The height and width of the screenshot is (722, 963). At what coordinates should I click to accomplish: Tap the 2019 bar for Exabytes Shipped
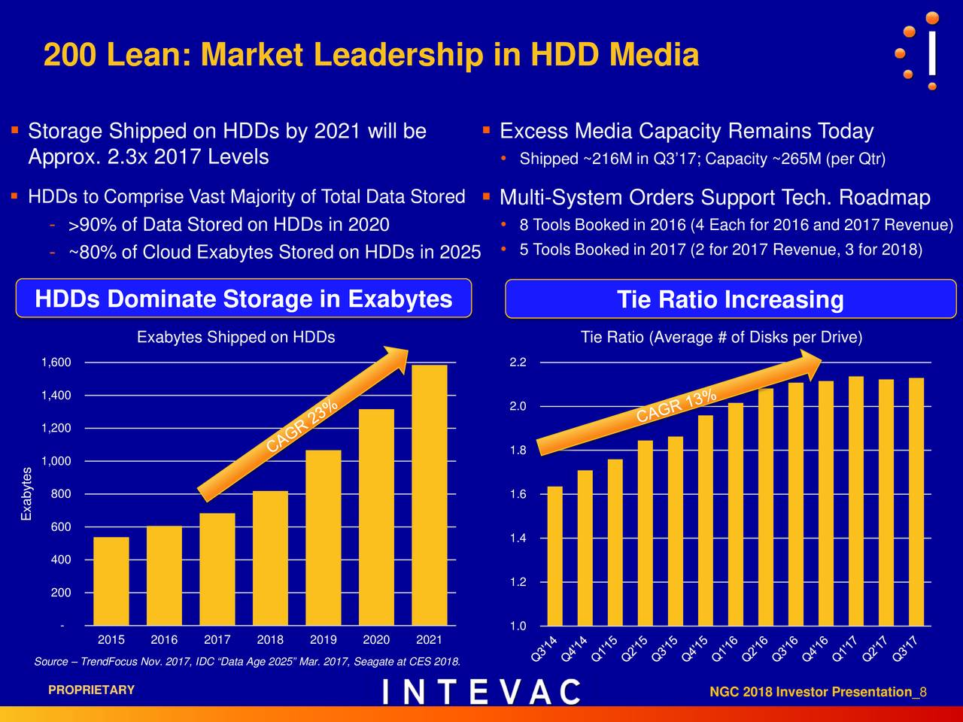(323, 537)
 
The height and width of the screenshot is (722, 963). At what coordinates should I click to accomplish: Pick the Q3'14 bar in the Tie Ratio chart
(555, 556)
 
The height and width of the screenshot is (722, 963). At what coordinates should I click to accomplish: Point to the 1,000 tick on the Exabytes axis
(56, 461)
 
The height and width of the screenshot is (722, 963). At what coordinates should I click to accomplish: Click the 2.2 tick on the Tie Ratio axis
(518, 363)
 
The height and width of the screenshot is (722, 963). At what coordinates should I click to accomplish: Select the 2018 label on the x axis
(270, 640)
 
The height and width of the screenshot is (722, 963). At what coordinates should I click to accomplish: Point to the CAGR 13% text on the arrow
(676, 406)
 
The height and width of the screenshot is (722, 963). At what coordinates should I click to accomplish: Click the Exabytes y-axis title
(27, 493)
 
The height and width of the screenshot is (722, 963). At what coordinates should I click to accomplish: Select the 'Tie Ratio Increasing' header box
(730, 299)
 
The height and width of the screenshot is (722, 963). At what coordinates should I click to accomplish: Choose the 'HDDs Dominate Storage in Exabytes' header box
(244, 299)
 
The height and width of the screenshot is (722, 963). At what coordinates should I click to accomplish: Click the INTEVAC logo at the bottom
(481, 692)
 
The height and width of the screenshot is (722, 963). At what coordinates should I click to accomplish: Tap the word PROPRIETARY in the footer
(91, 690)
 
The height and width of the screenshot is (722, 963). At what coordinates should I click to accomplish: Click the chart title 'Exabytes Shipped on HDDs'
(235, 338)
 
